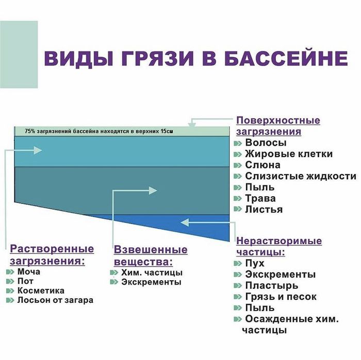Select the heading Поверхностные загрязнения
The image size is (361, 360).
[x=278, y=126]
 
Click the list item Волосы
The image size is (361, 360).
[x=266, y=143]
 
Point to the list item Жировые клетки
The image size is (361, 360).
[x=288, y=154]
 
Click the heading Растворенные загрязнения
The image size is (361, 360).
[x=52, y=254]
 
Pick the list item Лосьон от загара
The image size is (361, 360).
[x=55, y=300]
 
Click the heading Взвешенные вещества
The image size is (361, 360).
[x=150, y=255]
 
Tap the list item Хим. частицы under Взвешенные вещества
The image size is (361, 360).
[x=152, y=272]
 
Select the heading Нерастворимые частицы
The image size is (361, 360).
[x=279, y=246]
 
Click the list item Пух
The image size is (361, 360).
[x=255, y=263]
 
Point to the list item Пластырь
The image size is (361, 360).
[x=271, y=285]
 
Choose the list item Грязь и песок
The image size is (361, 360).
[x=281, y=297]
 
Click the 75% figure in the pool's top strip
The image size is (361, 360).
[x=30, y=132]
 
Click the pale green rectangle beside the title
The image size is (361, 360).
[x=19, y=54]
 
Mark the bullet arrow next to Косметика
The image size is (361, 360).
[x=10, y=290]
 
